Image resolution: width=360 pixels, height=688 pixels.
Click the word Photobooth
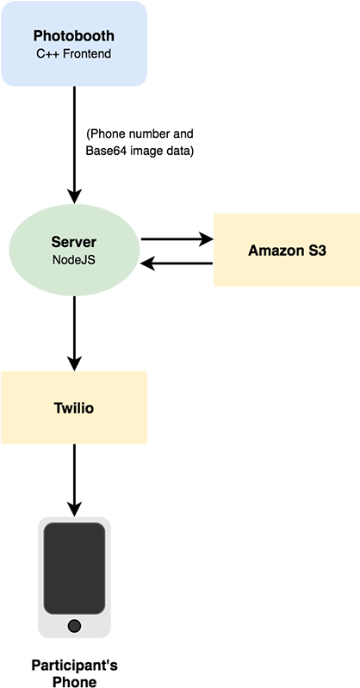pyautogui.click(x=73, y=36)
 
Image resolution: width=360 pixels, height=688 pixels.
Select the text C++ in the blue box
pyautogui.click(x=47, y=53)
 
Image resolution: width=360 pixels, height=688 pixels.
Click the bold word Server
pyautogui.click(x=73, y=242)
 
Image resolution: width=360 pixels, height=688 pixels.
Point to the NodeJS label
pyautogui.click(x=73, y=259)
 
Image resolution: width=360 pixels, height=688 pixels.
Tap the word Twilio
pyautogui.click(x=73, y=408)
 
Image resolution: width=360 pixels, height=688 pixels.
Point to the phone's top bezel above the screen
pyautogui.click(x=74, y=520)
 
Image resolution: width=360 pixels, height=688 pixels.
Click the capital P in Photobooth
pyautogui.click(x=38, y=36)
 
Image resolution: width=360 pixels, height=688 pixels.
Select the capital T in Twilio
pyautogui.click(x=58, y=408)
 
